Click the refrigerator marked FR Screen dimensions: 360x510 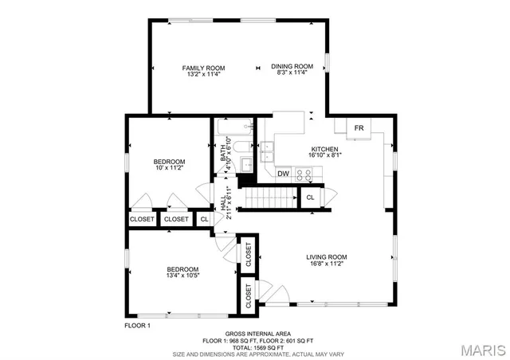[359, 127]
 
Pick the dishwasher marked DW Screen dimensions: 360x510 [284, 174]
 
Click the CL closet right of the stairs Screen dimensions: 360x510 [310, 197]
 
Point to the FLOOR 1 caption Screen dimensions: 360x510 [137, 325]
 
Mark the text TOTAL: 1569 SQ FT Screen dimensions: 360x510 [257, 347]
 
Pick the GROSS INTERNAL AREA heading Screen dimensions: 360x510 [257, 333]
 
